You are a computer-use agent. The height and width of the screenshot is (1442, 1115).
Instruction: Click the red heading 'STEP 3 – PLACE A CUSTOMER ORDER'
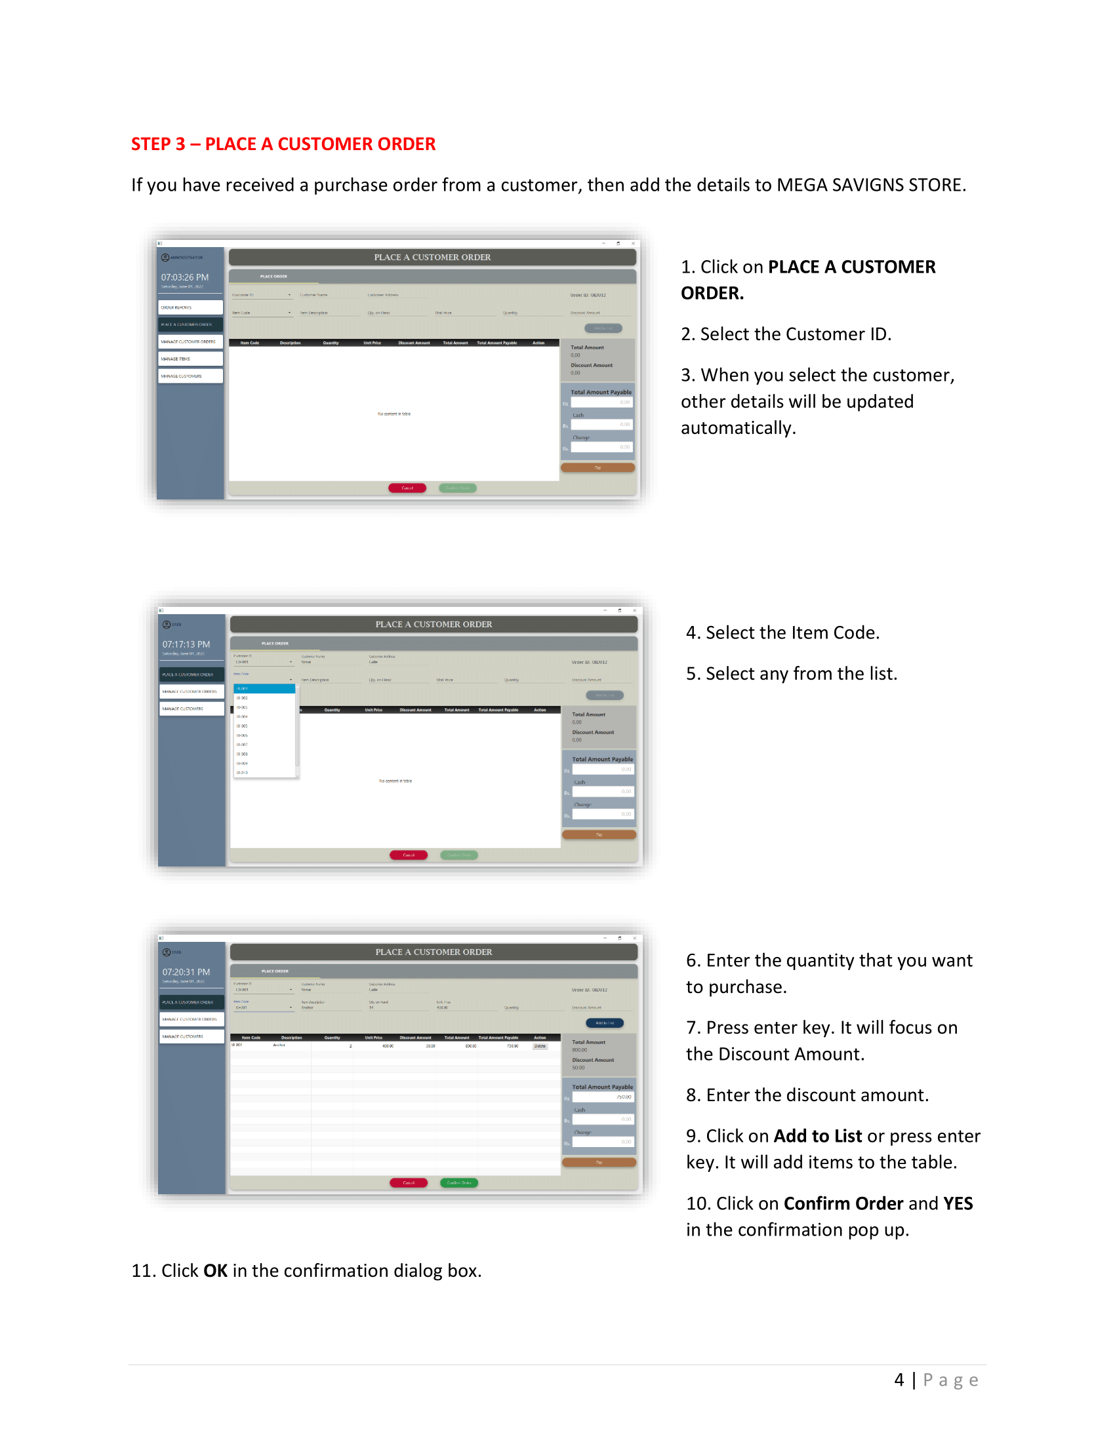pos(283,144)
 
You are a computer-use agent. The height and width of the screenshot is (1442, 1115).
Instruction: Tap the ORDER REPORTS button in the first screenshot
pos(190,307)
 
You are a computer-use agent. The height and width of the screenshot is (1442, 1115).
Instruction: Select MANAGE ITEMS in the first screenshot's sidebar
pos(190,359)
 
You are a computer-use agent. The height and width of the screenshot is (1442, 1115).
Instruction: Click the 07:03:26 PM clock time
pos(185,277)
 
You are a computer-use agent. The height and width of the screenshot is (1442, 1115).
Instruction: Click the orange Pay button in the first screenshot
pos(597,467)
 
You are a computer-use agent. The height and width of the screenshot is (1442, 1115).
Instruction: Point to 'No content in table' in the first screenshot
pos(394,414)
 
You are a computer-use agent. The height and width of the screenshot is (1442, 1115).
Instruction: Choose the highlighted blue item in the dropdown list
pos(264,689)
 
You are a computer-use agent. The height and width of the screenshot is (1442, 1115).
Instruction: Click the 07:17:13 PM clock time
pos(186,644)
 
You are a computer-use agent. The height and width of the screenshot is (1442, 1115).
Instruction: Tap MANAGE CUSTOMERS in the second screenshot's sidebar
pos(192,709)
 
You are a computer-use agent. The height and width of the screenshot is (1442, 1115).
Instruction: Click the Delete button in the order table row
pos(540,1046)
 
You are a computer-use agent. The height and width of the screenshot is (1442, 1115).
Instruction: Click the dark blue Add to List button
pos(605,1023)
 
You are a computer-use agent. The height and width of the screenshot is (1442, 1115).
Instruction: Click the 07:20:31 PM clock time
pos(186,972)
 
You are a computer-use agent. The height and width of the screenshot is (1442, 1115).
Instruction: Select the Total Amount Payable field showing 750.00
pos(602,1097)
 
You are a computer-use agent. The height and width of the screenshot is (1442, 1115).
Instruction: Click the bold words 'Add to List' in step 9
pos(818,1136)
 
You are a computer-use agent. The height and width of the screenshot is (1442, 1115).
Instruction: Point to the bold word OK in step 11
pos(215,1270)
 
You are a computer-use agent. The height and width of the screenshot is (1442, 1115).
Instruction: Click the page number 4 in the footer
pos(899,1380)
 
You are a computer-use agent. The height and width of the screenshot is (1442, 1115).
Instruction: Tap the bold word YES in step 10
pos(958,1203)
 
